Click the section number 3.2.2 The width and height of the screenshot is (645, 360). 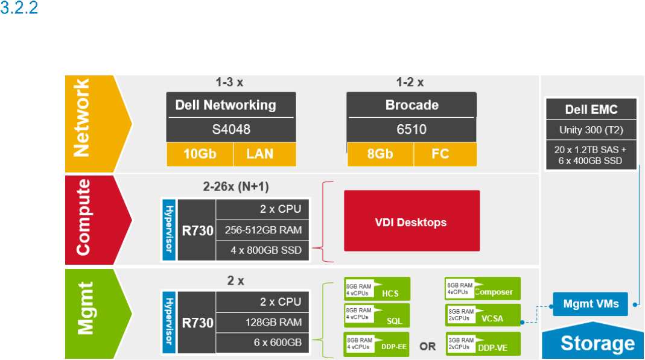coord(19,10)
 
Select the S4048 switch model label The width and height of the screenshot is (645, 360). coord(231,130)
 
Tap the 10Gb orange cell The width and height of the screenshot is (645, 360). coord(200,154)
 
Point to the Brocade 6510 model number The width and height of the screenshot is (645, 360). coord(411,130)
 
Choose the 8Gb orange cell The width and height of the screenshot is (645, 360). coord(380,154)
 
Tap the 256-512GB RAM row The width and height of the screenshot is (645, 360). coord(262,230)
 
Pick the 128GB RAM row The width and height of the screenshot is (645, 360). coord(262,323)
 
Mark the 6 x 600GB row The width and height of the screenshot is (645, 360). coord(262,343)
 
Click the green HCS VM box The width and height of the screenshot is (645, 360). coord(377,289)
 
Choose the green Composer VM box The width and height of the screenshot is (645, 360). coord(481,289)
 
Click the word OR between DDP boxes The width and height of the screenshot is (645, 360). coord(427,347)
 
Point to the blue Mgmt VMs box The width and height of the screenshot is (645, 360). coord(590,304)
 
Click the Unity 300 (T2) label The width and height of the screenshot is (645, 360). coord(591,130)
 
